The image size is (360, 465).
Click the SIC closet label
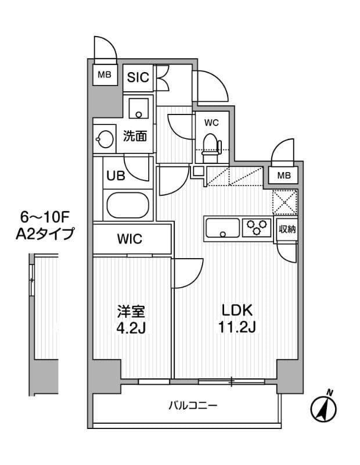(x=138, y=76)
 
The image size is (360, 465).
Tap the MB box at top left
(x=105, y=74)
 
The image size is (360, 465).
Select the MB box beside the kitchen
(x=284, y=176)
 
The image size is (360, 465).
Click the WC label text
(x=211, y=123)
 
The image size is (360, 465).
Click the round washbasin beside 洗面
(x=106, y=139)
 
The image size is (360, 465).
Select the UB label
(x=114, y=176)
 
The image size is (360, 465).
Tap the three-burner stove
(x=257, y=227)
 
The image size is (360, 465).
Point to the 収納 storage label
(x=286, y=229)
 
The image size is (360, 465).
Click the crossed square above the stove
(x=285, y=202)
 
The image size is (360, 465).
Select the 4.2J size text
(x=130, y=327)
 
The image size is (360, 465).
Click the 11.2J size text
(x=237, y=327)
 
